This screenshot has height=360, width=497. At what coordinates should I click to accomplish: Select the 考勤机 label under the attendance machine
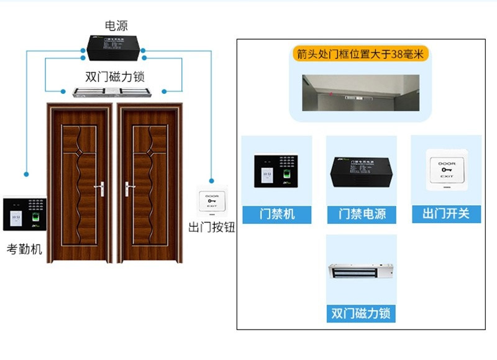click(24, 249)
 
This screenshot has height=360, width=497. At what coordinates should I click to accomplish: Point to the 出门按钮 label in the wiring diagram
click(212, 227)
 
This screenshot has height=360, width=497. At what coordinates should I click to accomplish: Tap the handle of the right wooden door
click(128, 186)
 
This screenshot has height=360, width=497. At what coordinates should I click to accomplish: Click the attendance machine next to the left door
click(24, 213)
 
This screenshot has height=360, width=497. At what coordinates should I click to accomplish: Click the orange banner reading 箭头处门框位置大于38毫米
click(360, 54)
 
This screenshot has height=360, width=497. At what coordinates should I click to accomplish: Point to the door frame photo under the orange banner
click(360, 93)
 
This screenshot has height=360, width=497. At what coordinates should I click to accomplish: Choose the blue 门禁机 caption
click(276, 215)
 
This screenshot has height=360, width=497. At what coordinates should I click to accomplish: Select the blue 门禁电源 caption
click(362, 215)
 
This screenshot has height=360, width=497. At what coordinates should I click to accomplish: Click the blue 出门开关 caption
click(446, 215)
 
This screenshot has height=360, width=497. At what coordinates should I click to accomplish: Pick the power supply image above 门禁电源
click(362, 171)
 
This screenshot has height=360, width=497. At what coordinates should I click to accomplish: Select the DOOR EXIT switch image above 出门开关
click(446, 168)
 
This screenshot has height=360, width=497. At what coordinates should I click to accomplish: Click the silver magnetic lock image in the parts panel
click(360, 272)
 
